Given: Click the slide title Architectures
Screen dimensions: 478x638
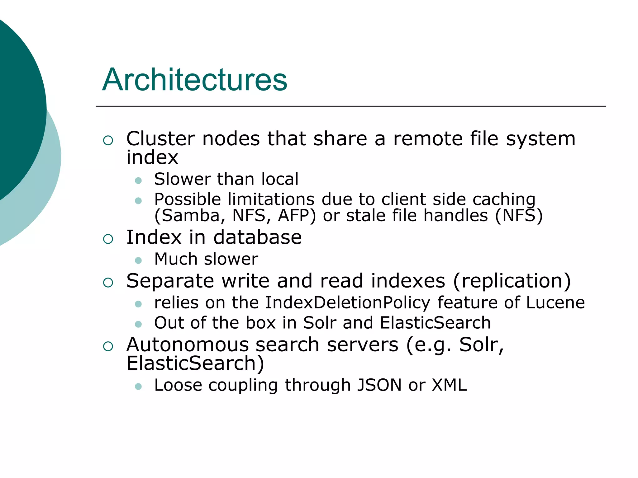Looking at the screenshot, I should [195, 80].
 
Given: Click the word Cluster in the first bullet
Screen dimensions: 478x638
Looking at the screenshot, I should [160, 139].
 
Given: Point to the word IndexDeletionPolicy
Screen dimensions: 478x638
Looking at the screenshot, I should [347, 303].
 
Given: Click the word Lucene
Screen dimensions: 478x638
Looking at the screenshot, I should [555, 303].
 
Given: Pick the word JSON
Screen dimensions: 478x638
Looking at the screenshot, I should [379, 385].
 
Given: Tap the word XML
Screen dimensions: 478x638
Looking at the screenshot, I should [449, 385].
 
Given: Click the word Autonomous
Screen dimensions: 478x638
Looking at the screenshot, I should [188, 345].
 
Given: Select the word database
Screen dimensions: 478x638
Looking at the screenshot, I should [258, 237].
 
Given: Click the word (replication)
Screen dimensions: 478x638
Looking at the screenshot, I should [512, 281].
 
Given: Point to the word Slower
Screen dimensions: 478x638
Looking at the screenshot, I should [183, 179].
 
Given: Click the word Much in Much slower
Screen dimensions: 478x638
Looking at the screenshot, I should [176, 259].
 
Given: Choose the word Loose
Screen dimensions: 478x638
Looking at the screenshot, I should [178, 385].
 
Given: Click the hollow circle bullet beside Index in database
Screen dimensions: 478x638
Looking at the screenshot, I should [108, 239].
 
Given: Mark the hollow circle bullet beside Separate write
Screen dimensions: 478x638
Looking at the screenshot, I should [108, 283].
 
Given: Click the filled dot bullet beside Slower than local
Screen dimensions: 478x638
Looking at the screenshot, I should [138, 180].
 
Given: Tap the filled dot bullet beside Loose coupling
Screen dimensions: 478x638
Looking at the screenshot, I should [138, 387].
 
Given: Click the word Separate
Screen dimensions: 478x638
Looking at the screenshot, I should [170, 281].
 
